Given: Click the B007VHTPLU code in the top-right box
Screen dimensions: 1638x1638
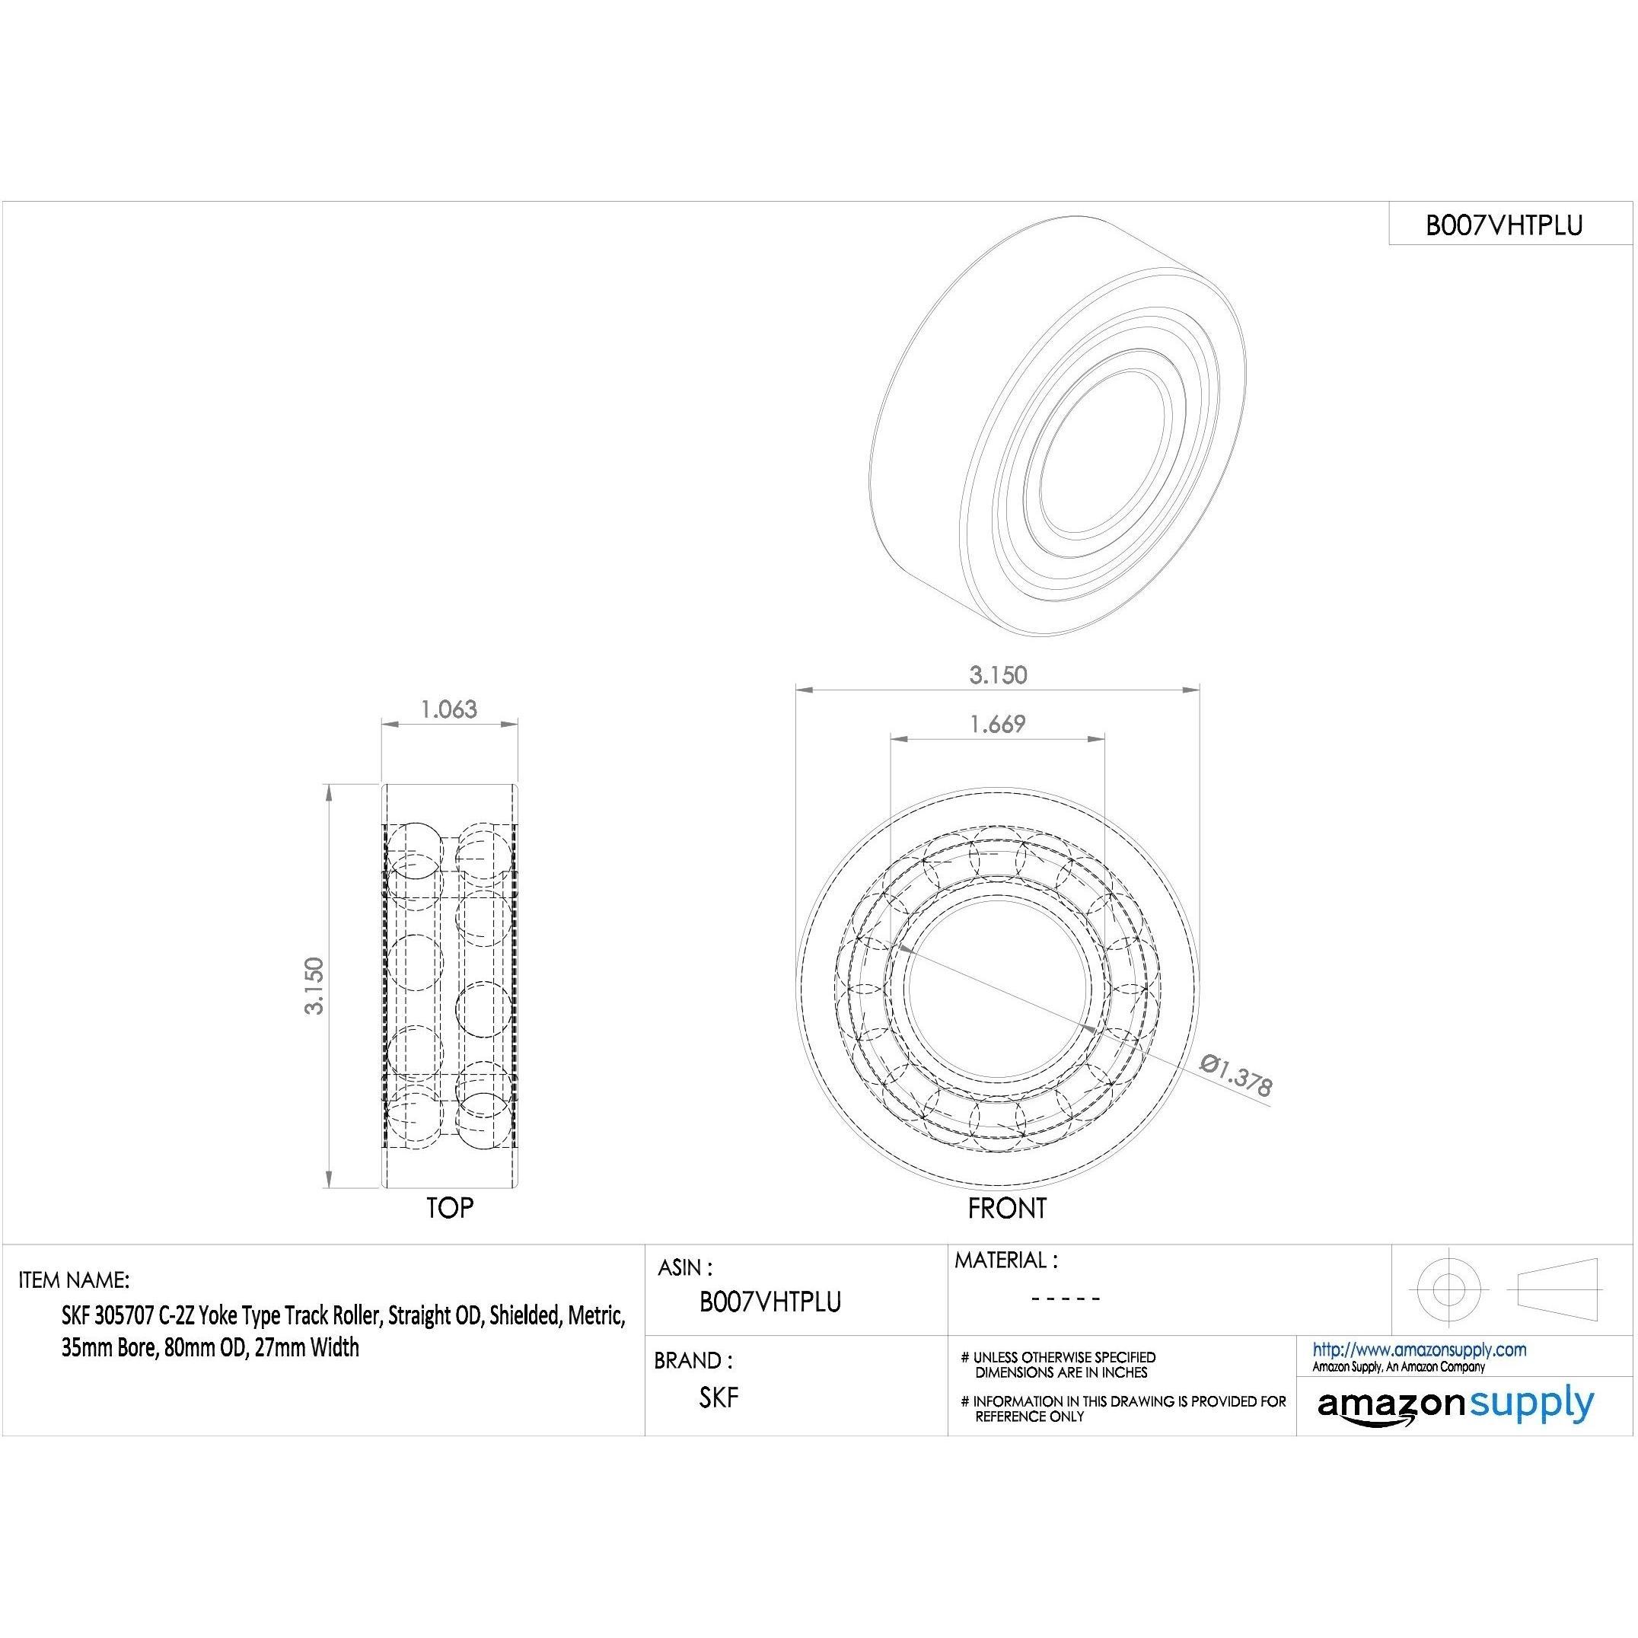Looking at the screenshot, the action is click(1504, 225).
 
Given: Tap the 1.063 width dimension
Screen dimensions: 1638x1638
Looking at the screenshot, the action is click(449, 709).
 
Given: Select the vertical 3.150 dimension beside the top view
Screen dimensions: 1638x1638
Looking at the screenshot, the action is click(314, 985).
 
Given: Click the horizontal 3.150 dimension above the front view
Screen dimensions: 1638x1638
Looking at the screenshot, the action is click(998, 675).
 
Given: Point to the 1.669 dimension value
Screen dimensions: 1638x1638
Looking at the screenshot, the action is click(997, 723).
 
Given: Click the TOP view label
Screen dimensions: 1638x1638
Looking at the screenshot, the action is click(450, 1208).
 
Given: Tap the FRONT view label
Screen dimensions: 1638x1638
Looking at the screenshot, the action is click(1007, 1208).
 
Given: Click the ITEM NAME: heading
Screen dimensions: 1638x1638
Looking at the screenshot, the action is click(75, 1279).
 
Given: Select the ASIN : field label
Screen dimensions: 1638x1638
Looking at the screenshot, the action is click(685, 1267).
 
